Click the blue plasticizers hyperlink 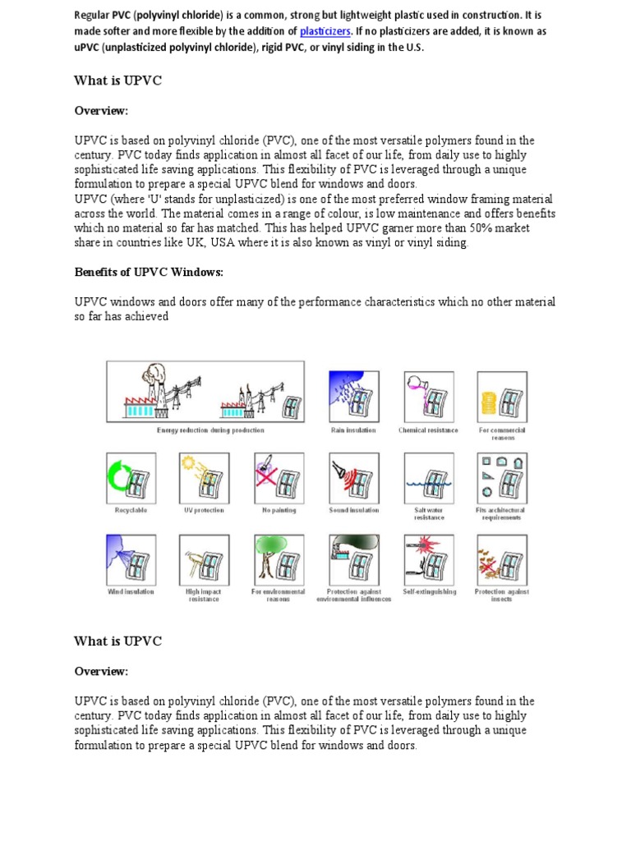(325, 31)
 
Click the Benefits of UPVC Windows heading (149, 272)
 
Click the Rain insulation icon (353, 397)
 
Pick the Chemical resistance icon (428, 397)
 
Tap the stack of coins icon (502, 397)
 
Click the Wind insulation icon (130, 559)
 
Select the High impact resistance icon (204, 559)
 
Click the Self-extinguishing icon (428, 559)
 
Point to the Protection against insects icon (502, 559)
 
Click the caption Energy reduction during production (210, 430)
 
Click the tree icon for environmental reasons (279, 559)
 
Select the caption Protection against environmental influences (353, 595)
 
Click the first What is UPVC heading (117, 80)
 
